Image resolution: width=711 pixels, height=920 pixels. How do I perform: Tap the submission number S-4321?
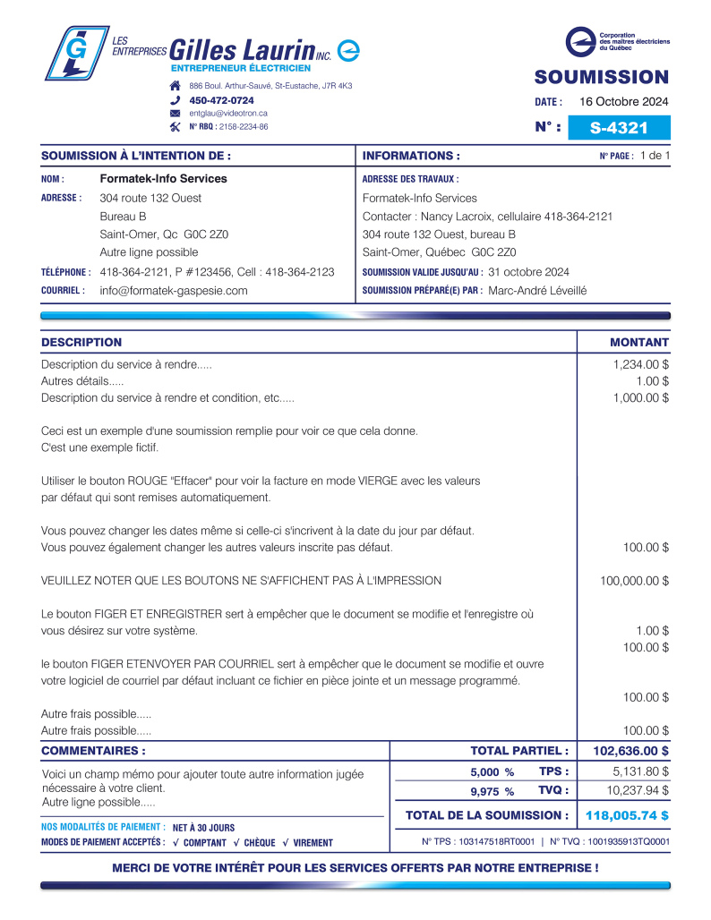pos(619,128)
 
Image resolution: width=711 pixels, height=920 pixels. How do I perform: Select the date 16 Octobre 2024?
pos(624,101)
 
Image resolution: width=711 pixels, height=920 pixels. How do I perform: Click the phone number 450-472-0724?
pos(221,100)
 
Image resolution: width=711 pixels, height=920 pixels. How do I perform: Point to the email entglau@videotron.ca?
pos(228,114)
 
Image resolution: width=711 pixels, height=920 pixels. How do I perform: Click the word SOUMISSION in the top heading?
pos(601,77)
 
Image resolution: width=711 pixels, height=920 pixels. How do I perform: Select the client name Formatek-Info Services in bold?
pos(163,179)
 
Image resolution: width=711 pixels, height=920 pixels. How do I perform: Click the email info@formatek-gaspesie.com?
pos(174,291)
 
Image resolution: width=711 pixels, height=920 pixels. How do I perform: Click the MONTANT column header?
pos(638,343)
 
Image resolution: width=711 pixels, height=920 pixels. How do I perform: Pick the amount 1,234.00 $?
pos(640,365)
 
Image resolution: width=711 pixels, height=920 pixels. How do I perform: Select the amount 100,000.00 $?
pos(634,581)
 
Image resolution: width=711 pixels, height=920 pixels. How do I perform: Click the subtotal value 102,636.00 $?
pos(630,751)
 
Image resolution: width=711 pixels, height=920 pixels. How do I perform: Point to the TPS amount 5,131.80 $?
pos(640,771)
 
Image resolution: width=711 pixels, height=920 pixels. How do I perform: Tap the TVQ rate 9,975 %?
pos(492,791)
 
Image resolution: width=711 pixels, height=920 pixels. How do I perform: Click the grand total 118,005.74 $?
pos(626,815)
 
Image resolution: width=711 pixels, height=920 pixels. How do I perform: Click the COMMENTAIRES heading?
pos(93,751)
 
